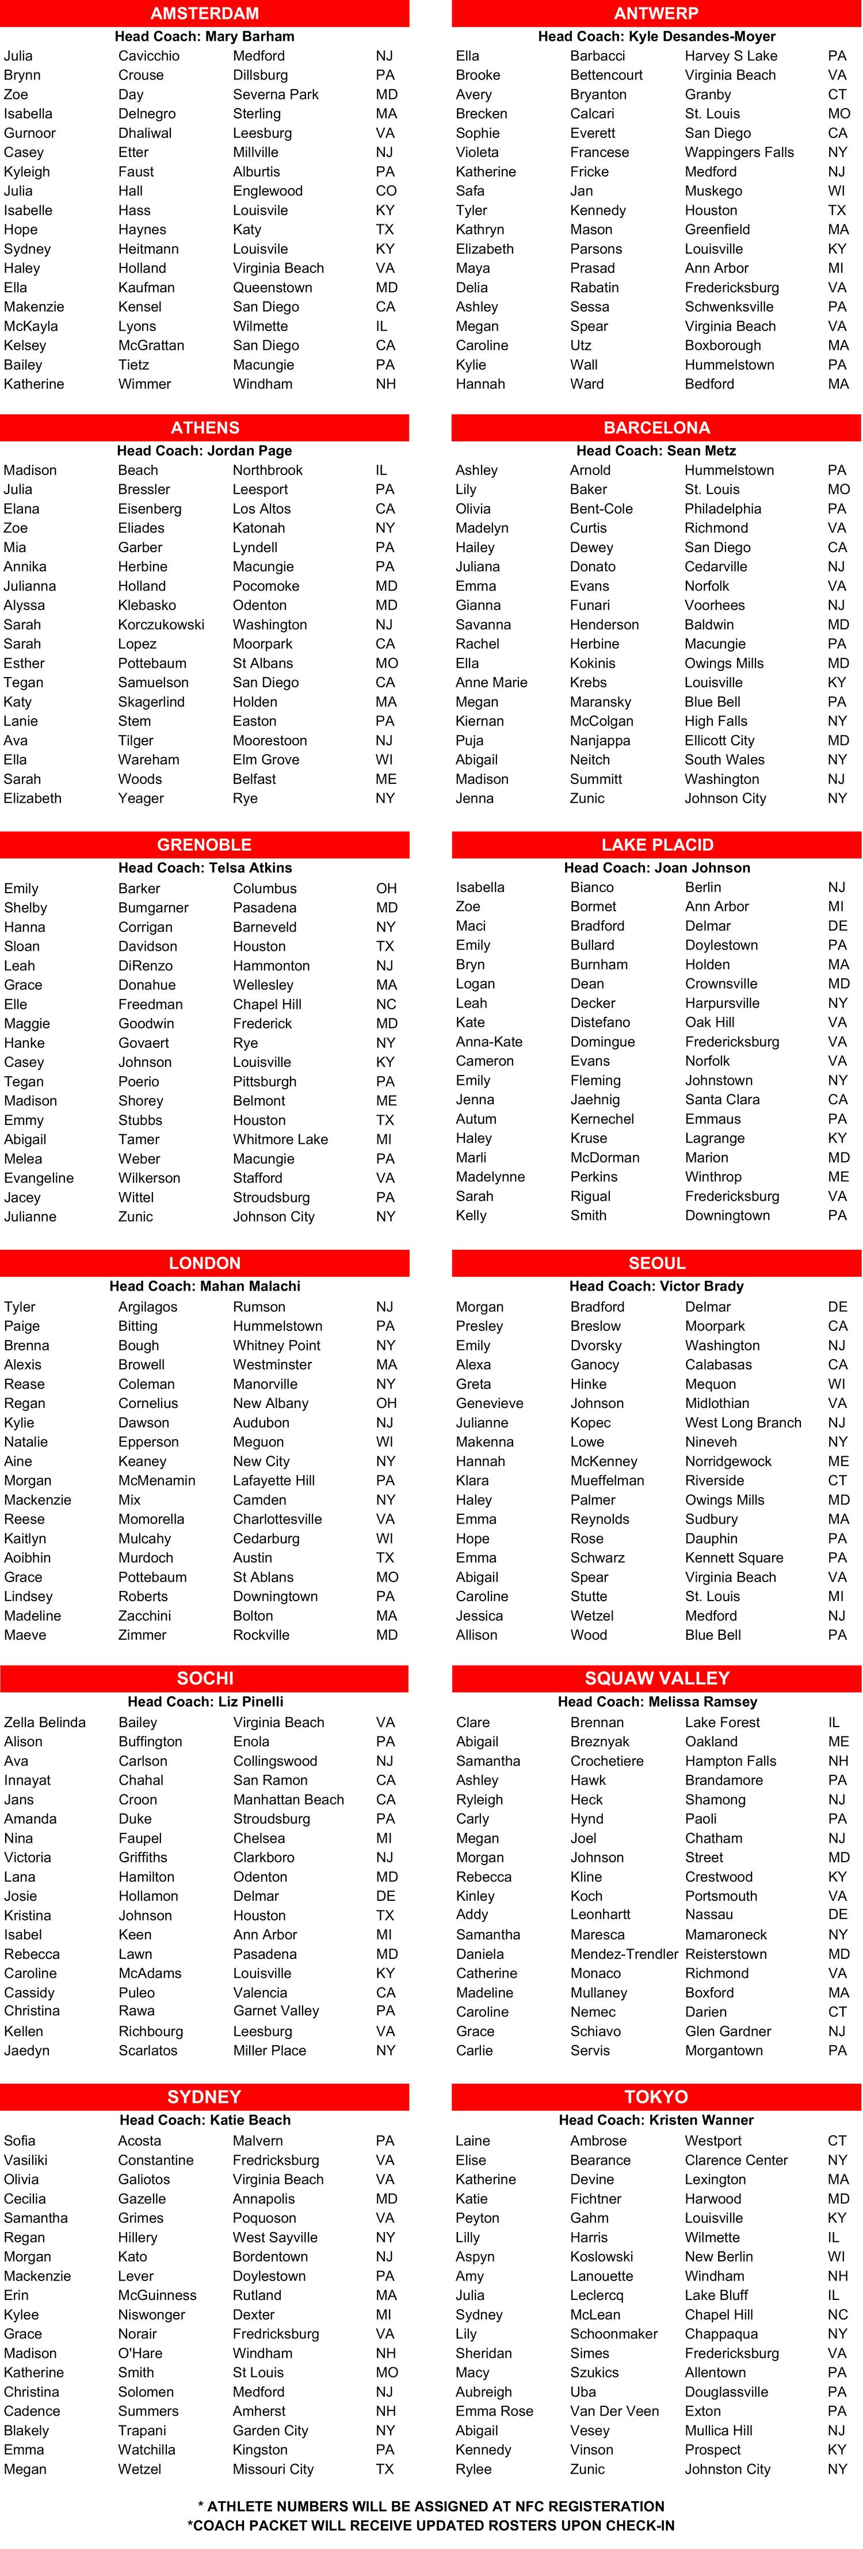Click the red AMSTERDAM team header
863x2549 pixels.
[x=205, y=13]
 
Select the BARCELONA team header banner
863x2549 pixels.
[x=656, y=427]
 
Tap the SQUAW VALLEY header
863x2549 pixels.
[x=656, y=1678]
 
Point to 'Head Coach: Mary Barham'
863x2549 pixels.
[x=205, y=36]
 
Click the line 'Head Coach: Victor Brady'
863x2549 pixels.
[x=656, y=1287]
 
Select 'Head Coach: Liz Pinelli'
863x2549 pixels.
[x=205, y=1702]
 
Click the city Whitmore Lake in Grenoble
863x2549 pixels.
[x=280, y=1139]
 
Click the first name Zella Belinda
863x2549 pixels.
[x=44, y=1723]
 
